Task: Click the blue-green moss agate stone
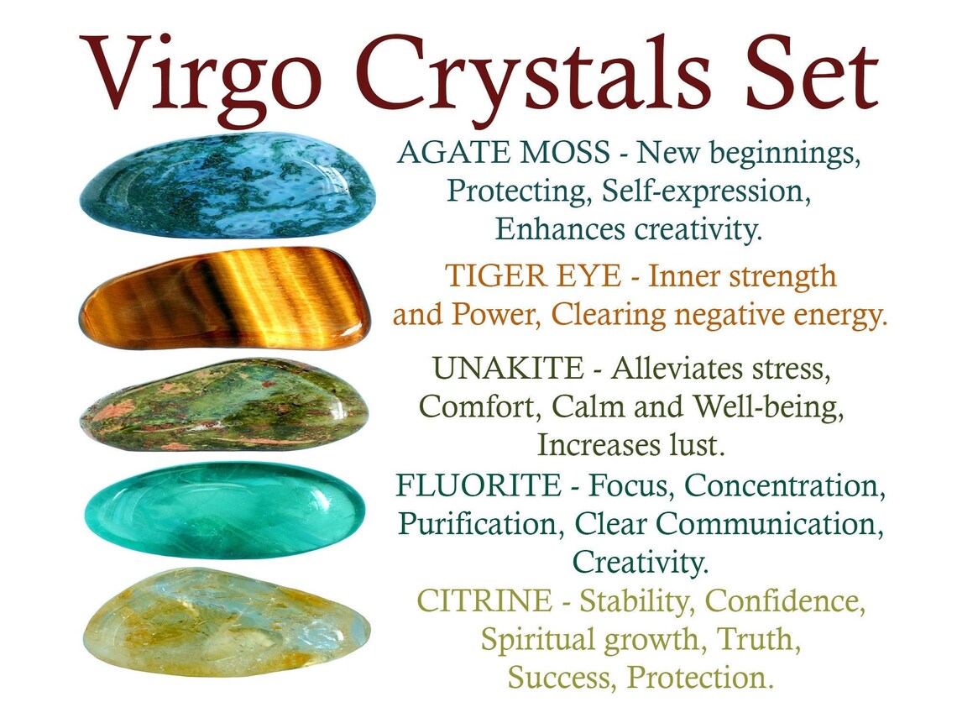pyautogui.click(x=227, y=186)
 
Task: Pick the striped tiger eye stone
pyautogui.click(x=225, y=297)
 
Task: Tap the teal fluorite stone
pyautogui.click(x=225, y=510)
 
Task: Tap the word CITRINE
pyautogui.click(x=484, y=601)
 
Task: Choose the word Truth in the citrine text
pyautogui.click(x=756, y=639)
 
